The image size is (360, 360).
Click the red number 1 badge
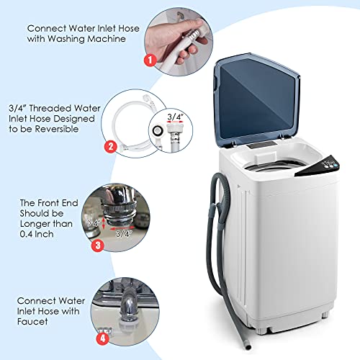tap(148, 61)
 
